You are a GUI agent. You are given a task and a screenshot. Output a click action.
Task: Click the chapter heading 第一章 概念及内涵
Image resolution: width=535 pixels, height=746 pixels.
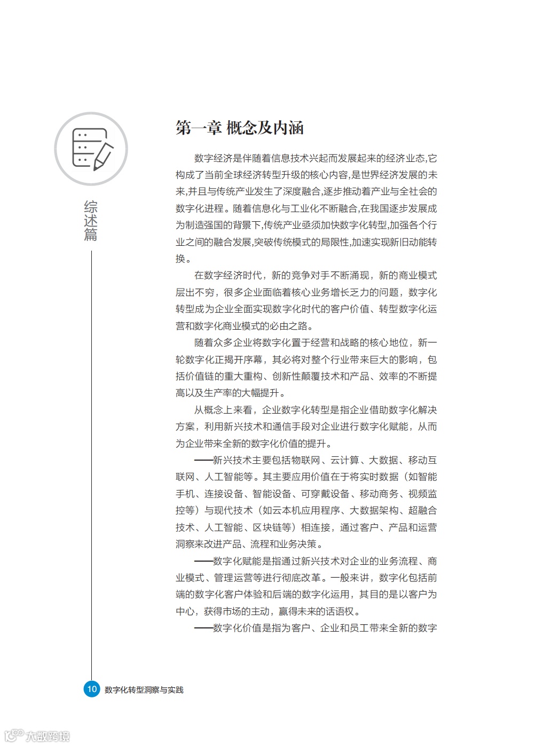(240, 128)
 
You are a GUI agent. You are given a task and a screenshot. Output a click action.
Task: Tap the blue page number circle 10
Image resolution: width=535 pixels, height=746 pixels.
(92, 689)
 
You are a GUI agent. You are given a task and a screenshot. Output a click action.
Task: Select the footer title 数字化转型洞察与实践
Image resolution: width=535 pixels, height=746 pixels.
(144, 690)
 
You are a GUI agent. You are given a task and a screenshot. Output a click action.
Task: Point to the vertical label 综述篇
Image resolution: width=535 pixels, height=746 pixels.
(91, 221)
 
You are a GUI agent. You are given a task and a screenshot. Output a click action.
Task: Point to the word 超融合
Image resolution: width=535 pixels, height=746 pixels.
(422, 510)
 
